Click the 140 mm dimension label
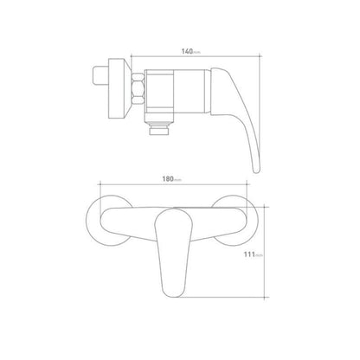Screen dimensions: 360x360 [x=190, y=52]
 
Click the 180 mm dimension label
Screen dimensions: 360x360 [x=172, y=179]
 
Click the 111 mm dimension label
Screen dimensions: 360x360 [x=254, y=254]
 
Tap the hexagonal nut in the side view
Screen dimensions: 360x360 [x=138, y=88]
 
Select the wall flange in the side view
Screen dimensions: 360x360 [x=119, y=88]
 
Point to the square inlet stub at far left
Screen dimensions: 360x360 [x=100, y=76]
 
